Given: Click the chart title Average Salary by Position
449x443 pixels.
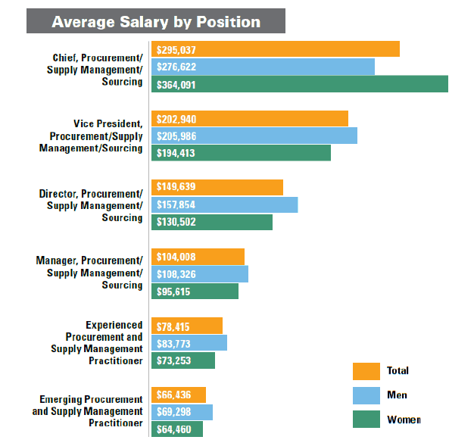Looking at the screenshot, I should pyautogui.click(x=156, y=21).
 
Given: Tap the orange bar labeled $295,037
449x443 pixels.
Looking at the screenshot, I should pyautogui.click(x=276, y=49).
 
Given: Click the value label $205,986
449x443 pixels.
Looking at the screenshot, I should pyautogui.click(x=176, y=136).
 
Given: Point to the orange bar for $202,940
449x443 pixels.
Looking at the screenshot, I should pyautogui.click(x=250, y=119).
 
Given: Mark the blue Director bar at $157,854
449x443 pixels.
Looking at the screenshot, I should pyautogui.click(x=225, y=205).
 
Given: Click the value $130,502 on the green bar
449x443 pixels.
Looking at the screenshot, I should pyautogui.click(x=176, y=222).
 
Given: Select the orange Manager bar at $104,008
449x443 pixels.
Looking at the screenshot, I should pyautogui.click(x=198, y=257).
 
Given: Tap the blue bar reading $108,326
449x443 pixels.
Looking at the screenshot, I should pyautogui.click(x=200, y=274).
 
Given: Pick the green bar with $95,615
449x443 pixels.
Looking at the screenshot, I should pyautogui.click(x=195, y=291).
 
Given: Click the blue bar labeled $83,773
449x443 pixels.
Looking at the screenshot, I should pyautogui.click(x=189, y=343).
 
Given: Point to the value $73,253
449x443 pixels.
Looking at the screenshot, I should pyautogui.click(x=174, y=360).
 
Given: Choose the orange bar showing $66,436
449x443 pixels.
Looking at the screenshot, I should pyautogui.click(x=179, y=395).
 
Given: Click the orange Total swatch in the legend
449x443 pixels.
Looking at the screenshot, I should pyautogui.click(x=366, y=370).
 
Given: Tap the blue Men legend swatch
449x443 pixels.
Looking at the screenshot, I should pyautogui.click(x=366, y=395).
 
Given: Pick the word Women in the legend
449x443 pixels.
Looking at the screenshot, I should pyautogui.click(x=404, y=420).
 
